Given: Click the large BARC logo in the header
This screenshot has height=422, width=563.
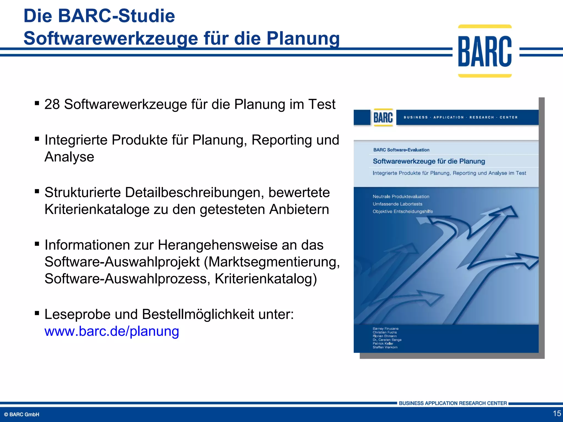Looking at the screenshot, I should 485,51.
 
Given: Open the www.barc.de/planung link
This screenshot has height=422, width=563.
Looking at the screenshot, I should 112,331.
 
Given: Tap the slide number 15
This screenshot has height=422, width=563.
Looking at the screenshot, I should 557,413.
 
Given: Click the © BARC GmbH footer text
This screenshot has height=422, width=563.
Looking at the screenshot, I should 22,414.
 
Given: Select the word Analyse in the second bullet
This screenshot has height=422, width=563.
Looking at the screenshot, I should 69,157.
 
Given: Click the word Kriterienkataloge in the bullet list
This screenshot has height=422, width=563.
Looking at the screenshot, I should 97,209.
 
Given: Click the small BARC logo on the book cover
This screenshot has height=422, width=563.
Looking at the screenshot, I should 383,118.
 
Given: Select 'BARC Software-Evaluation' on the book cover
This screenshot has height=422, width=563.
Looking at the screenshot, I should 401,150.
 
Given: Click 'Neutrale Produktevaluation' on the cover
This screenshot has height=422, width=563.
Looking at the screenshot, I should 401,196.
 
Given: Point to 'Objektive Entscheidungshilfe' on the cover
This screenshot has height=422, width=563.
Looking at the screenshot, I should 403,211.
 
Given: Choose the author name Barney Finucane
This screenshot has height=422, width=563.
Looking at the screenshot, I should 385,329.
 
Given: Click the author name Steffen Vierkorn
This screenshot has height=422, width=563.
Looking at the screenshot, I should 385,347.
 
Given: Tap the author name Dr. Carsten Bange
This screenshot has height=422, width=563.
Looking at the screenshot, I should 387,340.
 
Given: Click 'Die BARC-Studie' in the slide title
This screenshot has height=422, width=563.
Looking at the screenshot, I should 99,16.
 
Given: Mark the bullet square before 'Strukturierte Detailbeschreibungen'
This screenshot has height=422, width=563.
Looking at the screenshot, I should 37,191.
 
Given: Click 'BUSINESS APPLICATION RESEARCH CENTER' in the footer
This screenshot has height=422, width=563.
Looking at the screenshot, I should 453,403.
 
